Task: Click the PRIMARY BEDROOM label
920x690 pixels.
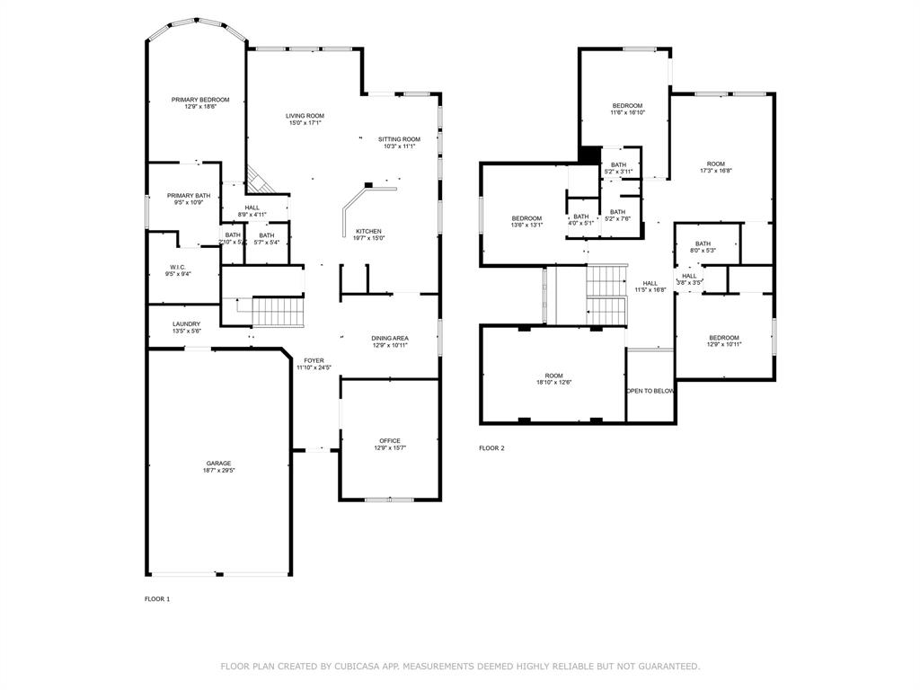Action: coord(200,100)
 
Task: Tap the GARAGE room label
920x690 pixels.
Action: coord(218,464)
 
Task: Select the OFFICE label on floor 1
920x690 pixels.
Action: coord(389,441)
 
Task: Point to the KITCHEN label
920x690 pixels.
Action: coord(368,232)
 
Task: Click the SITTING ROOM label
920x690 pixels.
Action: coord(399,139)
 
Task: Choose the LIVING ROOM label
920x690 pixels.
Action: coord(305,116)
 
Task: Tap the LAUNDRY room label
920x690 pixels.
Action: coord(187,324)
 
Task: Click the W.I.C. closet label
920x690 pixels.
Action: coord(177,267)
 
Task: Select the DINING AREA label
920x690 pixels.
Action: coord(390,339)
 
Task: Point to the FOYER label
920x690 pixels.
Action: coord(314,360)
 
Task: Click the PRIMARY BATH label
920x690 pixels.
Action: coord(189,196)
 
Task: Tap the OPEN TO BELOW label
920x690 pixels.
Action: coord(650,391)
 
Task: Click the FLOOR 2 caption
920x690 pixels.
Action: coord(491,447)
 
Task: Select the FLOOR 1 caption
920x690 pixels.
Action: coord(157,598)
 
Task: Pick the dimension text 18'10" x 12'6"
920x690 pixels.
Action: coord(553,383)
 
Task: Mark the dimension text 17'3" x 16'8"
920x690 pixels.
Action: coord(715,171)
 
